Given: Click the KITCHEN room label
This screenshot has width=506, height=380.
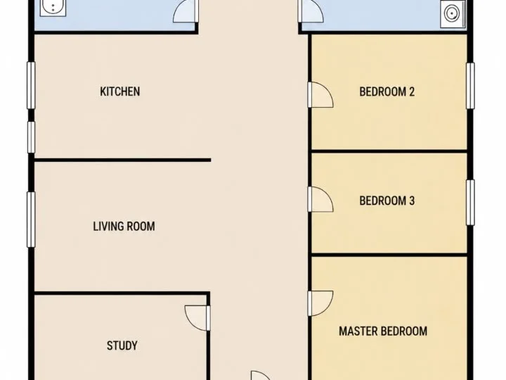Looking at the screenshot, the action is tap(120, 91).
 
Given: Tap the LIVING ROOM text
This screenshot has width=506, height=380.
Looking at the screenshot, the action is tap(124, 226).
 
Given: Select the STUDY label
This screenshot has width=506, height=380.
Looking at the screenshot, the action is tap(122, 346).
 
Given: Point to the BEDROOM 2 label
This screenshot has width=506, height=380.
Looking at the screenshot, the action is tap(387, 91).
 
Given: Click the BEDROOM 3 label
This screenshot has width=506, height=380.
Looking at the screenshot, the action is tap(387, 201).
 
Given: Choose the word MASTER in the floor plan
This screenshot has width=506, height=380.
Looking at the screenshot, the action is tap(358, 331).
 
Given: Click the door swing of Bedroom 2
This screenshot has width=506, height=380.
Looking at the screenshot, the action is tap(320, 95).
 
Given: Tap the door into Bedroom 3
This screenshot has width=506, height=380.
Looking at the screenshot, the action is tap(320, 199).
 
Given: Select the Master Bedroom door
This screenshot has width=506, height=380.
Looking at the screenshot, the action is tap(320, 303).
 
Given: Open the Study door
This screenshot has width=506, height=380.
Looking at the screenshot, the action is tap(197, 318).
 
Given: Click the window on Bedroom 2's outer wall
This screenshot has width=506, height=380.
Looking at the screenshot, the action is tap(470, 86).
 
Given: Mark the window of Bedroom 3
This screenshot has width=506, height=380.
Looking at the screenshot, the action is tap(470, 203).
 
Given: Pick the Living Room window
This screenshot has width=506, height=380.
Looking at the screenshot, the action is tap(31, 220).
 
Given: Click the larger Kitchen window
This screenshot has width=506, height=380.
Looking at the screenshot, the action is tap(31, 85).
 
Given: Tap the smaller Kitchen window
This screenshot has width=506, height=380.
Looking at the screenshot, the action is tap(31, 137).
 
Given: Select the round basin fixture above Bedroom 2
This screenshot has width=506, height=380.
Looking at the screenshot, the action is tap(451, 13).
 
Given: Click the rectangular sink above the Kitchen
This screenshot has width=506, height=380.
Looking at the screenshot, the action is tap(53, 8).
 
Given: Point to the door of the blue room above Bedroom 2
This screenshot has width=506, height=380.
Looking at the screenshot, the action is tap(311, 11).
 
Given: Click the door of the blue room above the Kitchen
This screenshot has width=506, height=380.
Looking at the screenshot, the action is tap(186, 11).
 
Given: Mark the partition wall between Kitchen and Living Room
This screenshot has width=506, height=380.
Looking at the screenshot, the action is tap(122, 160).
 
